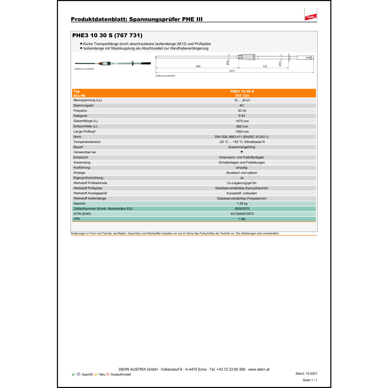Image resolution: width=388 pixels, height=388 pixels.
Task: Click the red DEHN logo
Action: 310,17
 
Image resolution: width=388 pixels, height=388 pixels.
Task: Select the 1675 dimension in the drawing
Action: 232,71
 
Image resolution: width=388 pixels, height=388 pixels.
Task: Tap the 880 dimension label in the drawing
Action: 198,66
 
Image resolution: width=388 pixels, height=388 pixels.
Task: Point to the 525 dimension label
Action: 265,66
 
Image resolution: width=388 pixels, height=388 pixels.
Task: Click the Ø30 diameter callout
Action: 280,63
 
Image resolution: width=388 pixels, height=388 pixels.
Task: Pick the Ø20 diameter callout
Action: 228,62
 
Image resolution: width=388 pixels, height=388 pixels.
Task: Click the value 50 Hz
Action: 242,111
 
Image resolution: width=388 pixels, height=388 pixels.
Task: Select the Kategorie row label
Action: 80,116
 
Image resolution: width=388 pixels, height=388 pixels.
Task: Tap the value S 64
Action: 242,116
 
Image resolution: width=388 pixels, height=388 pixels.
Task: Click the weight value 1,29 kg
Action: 242,204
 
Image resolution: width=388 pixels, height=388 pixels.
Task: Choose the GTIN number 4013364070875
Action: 242,214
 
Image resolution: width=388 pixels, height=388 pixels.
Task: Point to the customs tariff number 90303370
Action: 242,209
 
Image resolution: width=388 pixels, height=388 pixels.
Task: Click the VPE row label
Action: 77,219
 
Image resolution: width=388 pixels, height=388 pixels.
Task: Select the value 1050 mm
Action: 242,132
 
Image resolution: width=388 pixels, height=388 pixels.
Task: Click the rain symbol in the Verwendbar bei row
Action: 242,152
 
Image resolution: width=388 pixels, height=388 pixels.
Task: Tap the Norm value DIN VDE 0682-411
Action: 242,137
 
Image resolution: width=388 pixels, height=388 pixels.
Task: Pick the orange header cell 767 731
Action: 242,96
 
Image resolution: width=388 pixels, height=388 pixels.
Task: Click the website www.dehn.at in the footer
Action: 259,369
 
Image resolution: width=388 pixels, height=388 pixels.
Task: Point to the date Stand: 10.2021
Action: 306,374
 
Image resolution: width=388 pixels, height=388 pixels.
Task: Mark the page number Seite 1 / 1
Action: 310,380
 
